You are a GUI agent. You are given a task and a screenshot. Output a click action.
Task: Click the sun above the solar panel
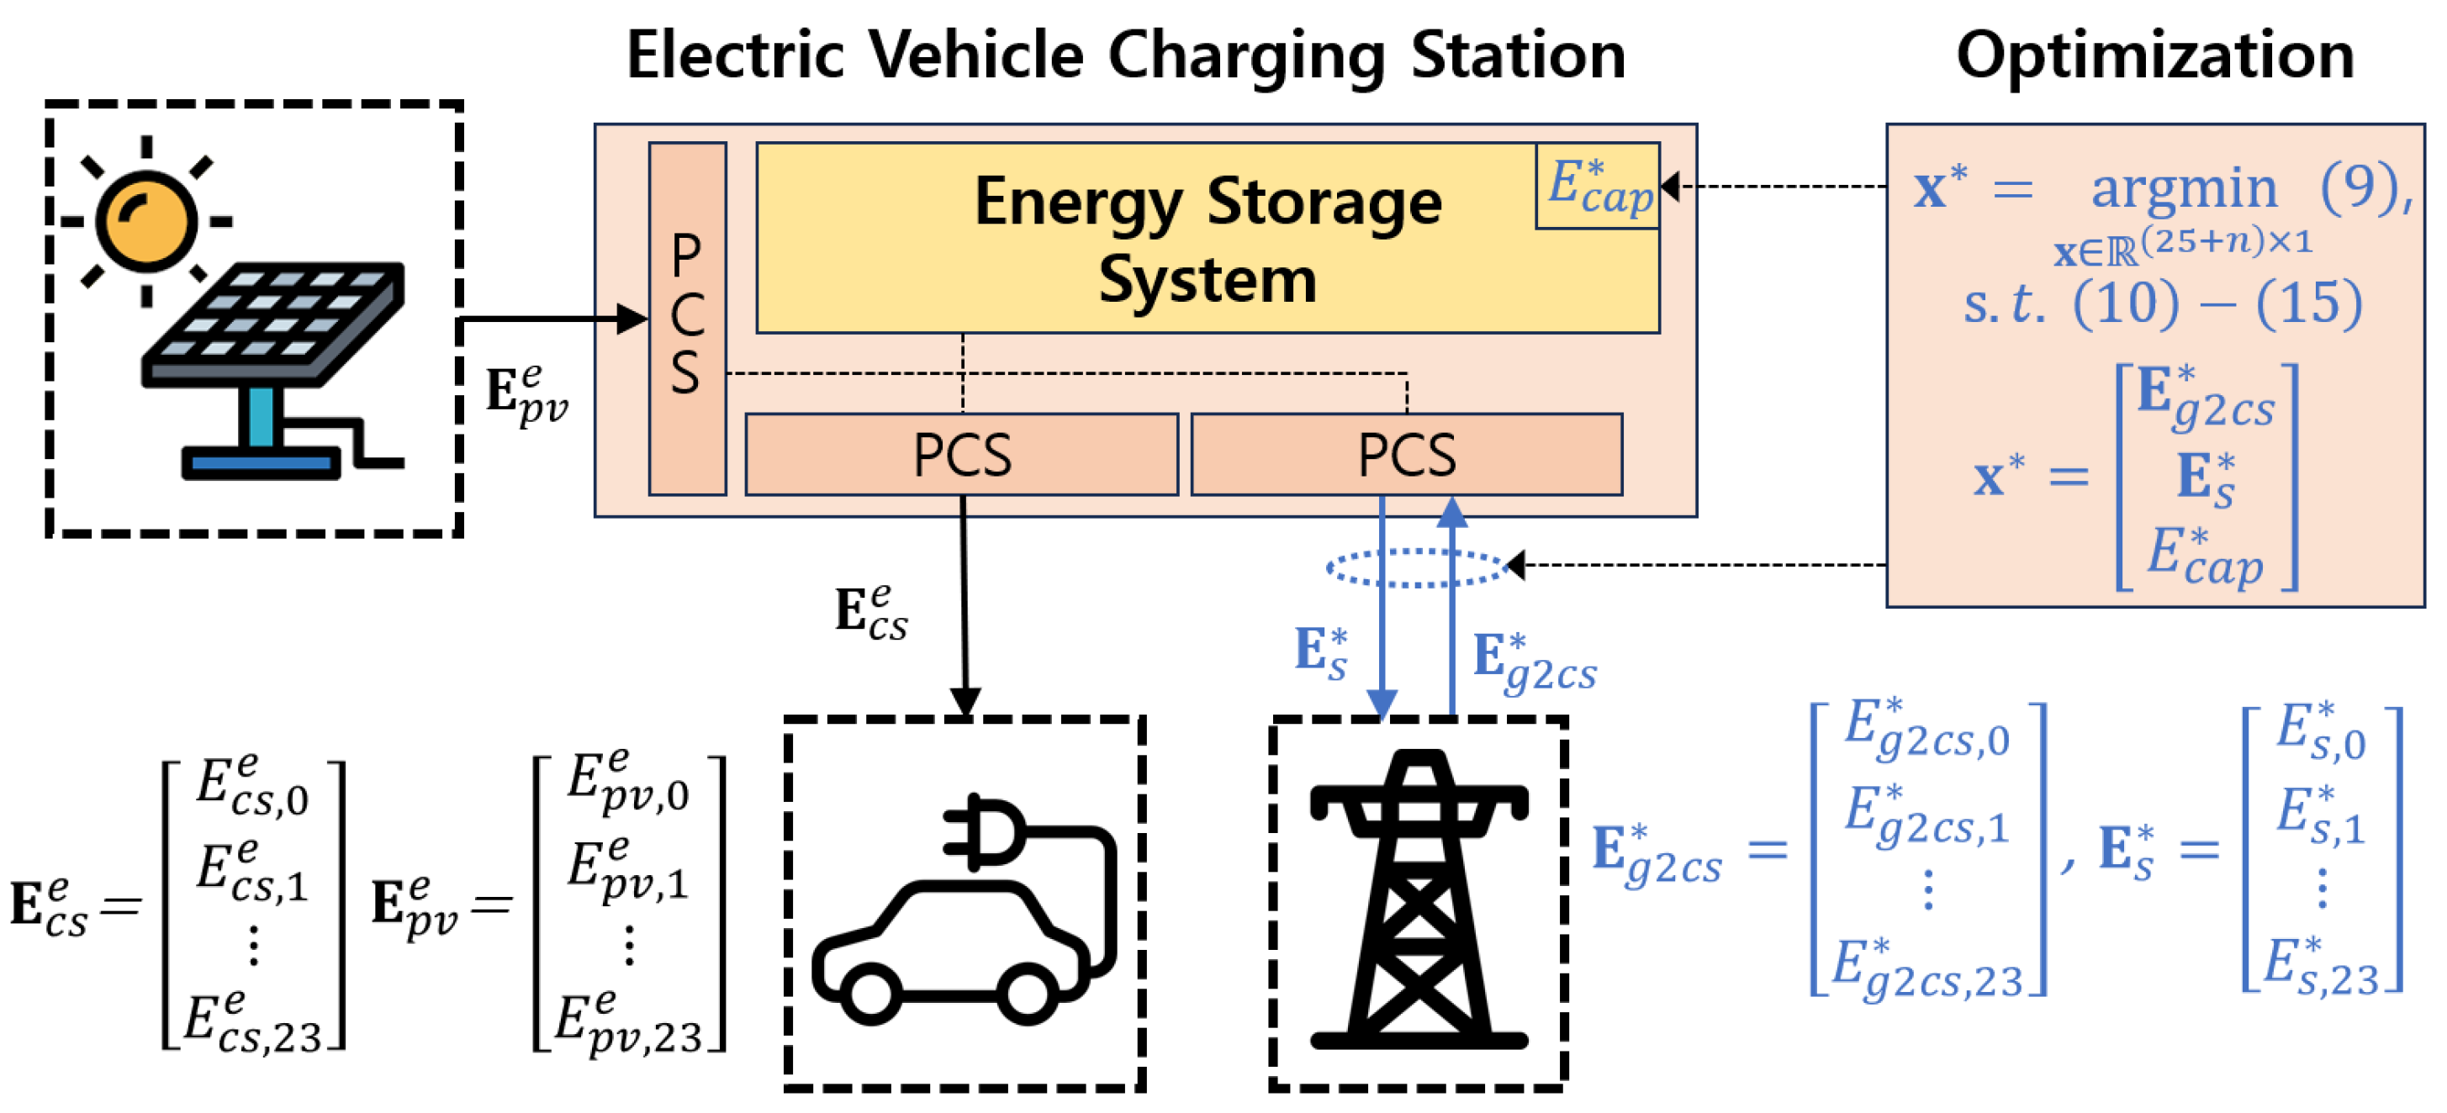click(146, 221)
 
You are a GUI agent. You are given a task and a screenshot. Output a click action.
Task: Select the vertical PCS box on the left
click(687, 318)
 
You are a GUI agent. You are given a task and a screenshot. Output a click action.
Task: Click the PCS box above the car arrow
click(961, 454)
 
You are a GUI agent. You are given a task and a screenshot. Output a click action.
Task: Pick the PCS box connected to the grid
click(1406, 454)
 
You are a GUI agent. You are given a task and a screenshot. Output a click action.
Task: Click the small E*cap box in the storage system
click(1598, 186)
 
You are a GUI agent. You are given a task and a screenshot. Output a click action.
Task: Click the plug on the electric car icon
click(983, 831)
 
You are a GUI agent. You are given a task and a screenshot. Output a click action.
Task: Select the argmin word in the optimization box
click(2183, 188)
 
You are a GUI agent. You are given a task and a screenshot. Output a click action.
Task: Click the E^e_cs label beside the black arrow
click(870, 613)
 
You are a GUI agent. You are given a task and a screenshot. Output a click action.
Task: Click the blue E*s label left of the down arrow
click(1320, 653)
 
